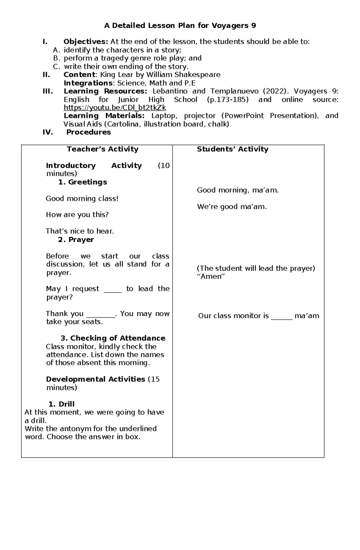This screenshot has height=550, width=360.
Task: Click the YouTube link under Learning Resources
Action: click(x=115, y=108)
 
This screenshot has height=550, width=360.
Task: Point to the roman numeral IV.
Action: click(x=48, y=132)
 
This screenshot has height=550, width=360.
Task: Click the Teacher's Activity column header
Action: click(x=103, y=149)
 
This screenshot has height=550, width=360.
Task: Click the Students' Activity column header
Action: click(x=232, y=149)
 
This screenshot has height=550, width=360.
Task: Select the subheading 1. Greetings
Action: click(x=82, y=182)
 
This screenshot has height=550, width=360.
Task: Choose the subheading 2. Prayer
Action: click(x=76, y=239)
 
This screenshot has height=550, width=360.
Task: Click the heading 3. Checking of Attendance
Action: click(x=113, y=338)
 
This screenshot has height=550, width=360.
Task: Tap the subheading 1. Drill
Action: click(x=61, y=404)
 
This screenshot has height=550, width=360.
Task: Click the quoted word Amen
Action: click(x=211, y=276)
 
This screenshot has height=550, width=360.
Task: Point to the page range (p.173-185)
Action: click(x=227, y=100)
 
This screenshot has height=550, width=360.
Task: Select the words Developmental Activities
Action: click(x=95, y=379)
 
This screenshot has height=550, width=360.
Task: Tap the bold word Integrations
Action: click(x=88, y=83)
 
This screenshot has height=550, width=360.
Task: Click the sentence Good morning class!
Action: click(x=82, y=198)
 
